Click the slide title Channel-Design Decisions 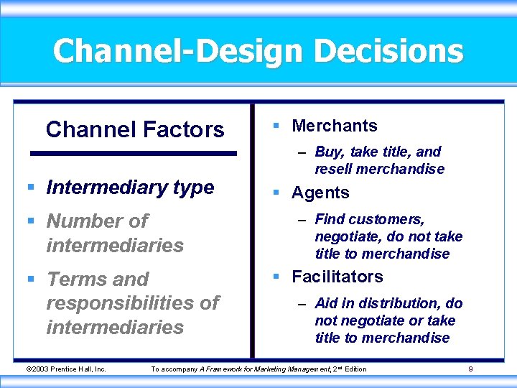(258, 52)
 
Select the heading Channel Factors (135, 129)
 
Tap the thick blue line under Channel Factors (133, 153)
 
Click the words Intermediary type (130, 188)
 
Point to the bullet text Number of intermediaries (115, 233)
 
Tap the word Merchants (334, 126)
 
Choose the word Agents (320, 193)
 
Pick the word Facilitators (337, 277)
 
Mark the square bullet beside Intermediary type (30, 188)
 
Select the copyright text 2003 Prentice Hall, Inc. (66, 369)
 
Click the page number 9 (470, 369)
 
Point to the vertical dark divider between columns (252, 230)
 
